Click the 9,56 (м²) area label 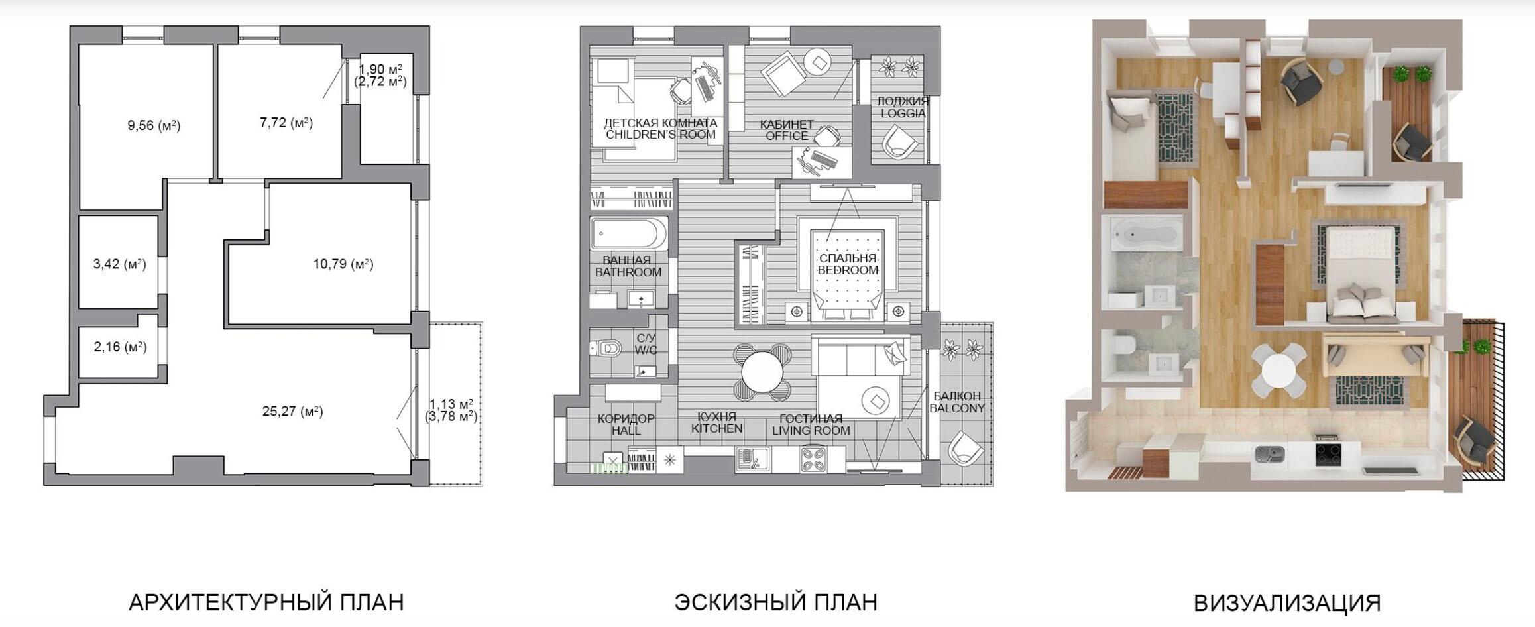[x=154, y=125]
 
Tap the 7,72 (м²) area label [x=286, y=123]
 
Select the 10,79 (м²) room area [x=343, y=264]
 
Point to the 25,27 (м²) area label [x=292, y=412]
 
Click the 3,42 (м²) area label [x=119, y=264]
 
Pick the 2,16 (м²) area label [x=120, y=347]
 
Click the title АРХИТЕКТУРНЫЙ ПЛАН [x=266, y=602]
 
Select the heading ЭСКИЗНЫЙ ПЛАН [x=776, y=602]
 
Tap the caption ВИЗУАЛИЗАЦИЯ [x=1288, y=603]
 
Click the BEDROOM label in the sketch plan [x=848, y=270]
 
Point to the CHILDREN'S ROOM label [x=661, y=135]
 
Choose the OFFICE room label [x=787, y=136]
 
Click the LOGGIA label [x=903, y=113]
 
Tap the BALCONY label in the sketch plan [x=957, y=408]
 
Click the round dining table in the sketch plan [x=763, y=372]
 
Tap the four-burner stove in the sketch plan [x=813, y=459]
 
